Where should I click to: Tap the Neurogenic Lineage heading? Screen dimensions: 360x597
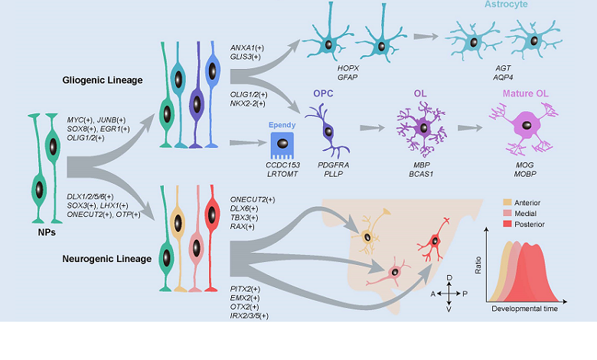(x=107, y=258)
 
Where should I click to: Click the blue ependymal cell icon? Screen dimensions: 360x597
(x=281, y=142)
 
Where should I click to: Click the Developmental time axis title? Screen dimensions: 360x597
(x=524, y=309)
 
